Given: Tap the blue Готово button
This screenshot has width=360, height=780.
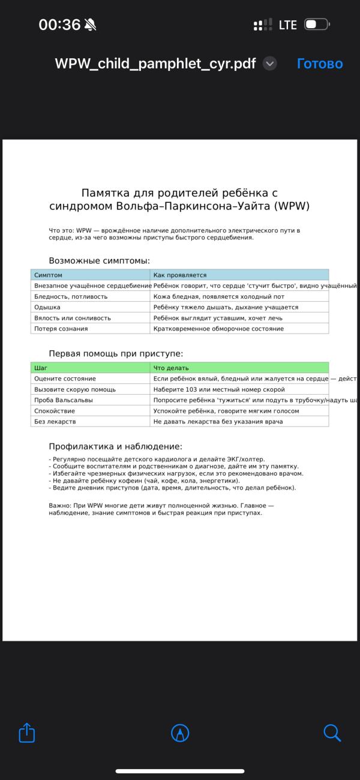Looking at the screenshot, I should point(320,64).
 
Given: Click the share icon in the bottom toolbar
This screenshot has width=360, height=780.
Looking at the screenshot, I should point(27,733).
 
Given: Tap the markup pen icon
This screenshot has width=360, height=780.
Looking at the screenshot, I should point(180,733).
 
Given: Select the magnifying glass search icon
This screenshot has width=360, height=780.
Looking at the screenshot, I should point(332,733).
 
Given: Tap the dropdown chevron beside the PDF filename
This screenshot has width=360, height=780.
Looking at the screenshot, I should point(270,64).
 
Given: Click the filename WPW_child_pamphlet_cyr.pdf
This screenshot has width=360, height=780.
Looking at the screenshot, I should point(155,64).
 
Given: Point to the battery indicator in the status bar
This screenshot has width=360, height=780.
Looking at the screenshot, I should point(316,25).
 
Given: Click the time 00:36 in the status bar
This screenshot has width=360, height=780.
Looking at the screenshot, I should point(59,25).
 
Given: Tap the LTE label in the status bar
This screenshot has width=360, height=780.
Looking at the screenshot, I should point(288,25).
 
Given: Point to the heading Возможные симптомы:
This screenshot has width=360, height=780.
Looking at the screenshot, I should point(99,261).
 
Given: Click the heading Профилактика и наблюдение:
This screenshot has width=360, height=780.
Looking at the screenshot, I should point(115,446).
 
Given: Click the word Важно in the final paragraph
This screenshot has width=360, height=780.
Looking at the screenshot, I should point(59,506).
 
